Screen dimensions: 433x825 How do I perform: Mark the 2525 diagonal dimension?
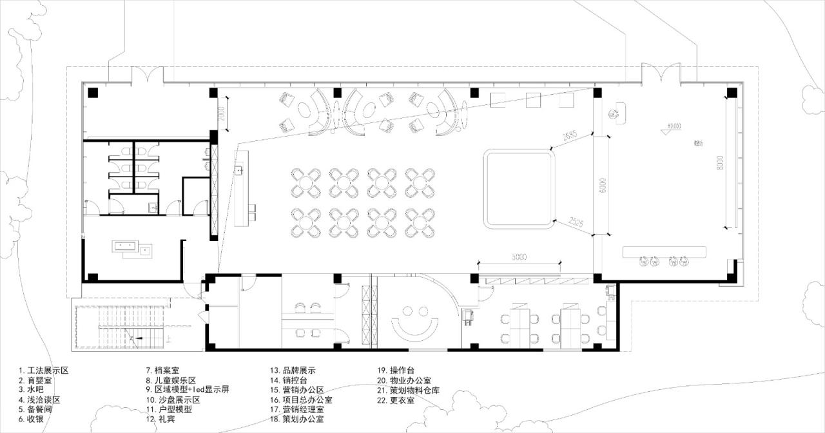click(x=576, y=224)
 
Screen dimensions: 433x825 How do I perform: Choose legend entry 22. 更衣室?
click(x=396, y=400)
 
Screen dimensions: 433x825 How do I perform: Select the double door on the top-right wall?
click(x=661, y=74)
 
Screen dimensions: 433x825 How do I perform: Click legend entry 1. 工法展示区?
click(x=43, y=371)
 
